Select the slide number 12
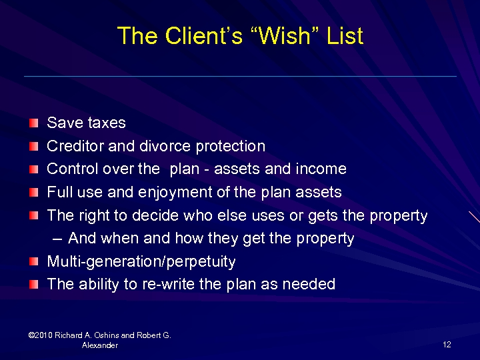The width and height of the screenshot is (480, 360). (447, 344)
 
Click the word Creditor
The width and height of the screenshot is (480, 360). (73, 146)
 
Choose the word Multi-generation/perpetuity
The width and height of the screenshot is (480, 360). (141, 261)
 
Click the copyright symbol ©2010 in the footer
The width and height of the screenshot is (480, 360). (33, 335)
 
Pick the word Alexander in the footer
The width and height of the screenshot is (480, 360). (100, 345)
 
